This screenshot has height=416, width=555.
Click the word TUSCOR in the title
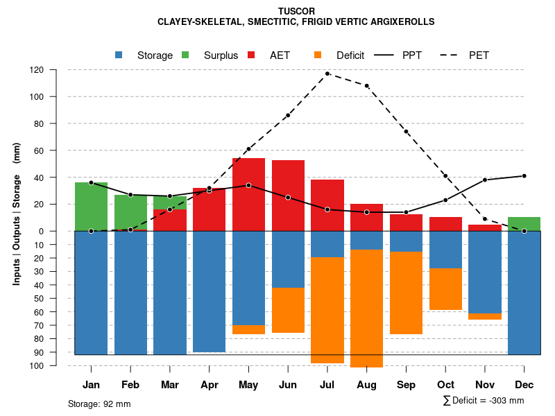tap(296, 11)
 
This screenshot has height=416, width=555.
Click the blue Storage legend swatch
tap(119, 55)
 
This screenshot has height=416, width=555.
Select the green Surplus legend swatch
tap(186, 55)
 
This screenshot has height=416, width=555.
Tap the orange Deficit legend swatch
tap(318, 55)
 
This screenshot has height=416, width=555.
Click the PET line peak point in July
tap(327, 73)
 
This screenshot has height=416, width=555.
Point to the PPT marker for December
tap(524, 176)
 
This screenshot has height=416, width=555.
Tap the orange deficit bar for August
tap(366, 309)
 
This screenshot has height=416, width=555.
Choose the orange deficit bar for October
tap(445, 289)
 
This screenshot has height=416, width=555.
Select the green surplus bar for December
tap(524, 224)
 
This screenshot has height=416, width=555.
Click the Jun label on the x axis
tap(288, 385)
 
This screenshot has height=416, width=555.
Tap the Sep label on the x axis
tap(406, 385)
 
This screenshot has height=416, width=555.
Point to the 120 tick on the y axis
tap(55, 70)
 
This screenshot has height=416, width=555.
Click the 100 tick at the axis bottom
tap(55, 365)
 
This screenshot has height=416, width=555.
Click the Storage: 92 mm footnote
tap(99, 404)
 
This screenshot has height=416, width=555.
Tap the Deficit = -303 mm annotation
tap(484, 401)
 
